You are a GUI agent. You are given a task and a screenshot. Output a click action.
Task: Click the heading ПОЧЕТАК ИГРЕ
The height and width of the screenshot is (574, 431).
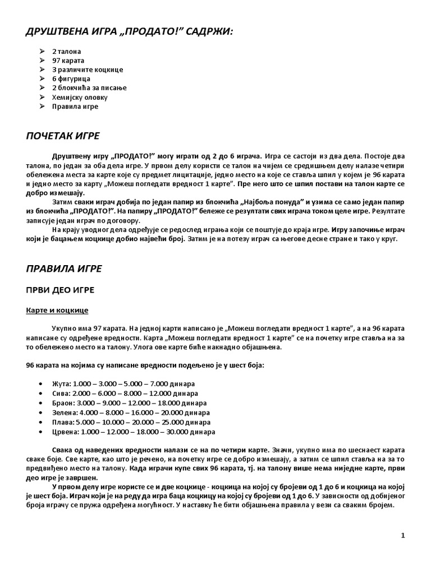(x=62, y=136)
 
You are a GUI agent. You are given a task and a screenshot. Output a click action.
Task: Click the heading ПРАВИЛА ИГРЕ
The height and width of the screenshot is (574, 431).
(x=64, y=269)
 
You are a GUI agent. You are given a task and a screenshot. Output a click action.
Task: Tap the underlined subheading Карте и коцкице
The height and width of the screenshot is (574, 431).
(x=57, y=310)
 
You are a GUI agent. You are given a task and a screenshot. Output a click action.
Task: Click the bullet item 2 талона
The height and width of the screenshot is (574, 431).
(x=66, y=52)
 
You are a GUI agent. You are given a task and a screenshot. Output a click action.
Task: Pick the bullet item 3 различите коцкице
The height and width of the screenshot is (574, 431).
(x=88, y=70)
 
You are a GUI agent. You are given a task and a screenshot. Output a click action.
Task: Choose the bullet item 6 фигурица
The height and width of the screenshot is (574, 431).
(x=71, y=78)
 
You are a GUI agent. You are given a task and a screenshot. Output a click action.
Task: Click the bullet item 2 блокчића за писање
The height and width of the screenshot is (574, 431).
(x=89, y=88)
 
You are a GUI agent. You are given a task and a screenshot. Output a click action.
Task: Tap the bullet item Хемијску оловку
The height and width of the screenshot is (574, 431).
(x=80, y=97)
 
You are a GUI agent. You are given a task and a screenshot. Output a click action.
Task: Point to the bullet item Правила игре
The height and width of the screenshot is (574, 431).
(x=75, y=106)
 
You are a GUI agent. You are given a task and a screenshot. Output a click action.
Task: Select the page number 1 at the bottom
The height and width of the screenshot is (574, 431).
(x=403, y=536)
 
